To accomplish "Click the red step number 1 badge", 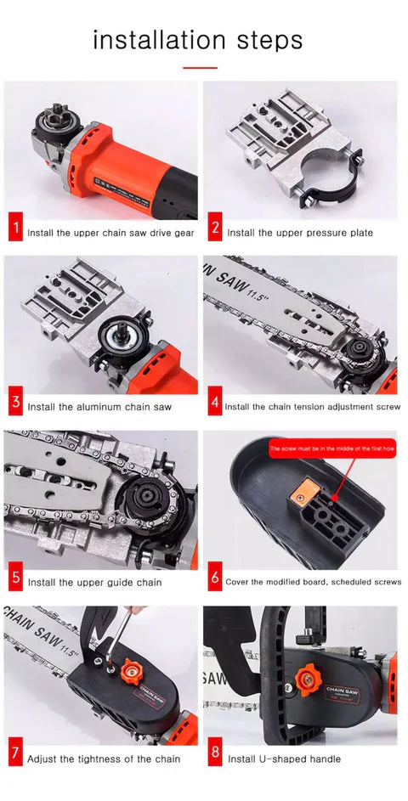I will (15, 230).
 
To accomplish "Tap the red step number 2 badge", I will (215, 230).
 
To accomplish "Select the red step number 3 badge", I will (15, 405).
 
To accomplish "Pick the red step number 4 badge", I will (214, 405).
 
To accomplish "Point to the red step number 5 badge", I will (15, 581).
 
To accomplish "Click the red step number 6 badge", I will (215, 581).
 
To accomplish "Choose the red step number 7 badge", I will (15, 757).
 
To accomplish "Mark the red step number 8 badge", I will (215, 757).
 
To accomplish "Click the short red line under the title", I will (201, 67).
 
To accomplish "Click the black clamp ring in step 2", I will (331, 178).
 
